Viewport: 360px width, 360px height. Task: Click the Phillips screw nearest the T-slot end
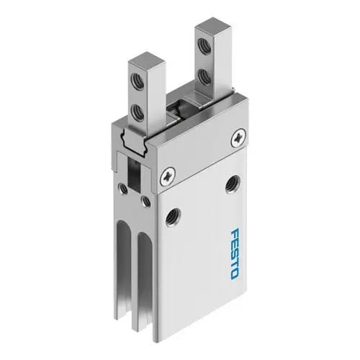[x=168, y=173]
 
